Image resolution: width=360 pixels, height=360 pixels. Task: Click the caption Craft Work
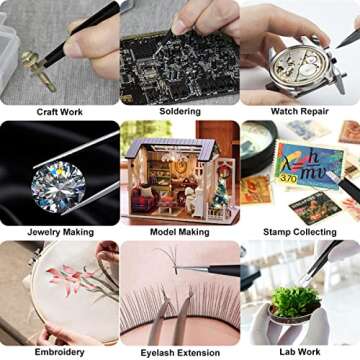click(x=60, y=112)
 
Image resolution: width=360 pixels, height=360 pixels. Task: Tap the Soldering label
click(x=180, y=111)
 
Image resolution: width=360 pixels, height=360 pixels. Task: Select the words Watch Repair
click(x=300, y=111)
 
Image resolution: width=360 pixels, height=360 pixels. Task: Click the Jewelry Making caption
click(x=60, y=232)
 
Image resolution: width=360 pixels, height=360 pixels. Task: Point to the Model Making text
click(x=180, y=232)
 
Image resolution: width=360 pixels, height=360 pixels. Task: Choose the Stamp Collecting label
click(x=300, y=232)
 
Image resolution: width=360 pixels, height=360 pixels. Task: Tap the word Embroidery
click(x=60, y=352)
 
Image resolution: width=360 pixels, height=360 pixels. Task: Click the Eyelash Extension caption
click(x=180, y=353)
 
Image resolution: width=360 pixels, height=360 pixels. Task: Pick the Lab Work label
click(x=300, y=352)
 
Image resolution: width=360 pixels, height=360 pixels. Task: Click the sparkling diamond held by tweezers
click(x=58, y=187)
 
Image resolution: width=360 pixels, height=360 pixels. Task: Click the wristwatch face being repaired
click(x=299, y=68)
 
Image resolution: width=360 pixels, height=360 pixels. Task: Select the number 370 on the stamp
click(x=288, y=178)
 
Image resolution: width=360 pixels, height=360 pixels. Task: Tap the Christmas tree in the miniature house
click(x=220, y=195)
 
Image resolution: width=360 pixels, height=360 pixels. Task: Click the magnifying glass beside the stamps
click(x=257, y=147)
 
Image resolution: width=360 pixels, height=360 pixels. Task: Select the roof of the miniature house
click(x=172, y=148)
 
